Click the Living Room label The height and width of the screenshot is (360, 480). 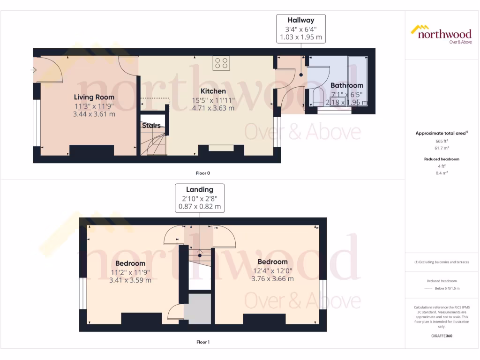[94, 97]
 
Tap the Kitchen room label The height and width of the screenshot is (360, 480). [213, 91]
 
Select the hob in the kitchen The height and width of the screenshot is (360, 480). [221, 63]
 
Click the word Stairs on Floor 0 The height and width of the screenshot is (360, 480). [151, 126]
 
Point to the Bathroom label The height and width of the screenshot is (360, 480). [347, 85]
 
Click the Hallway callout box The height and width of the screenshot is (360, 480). [301, 29]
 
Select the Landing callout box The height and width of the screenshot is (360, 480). [200, 198]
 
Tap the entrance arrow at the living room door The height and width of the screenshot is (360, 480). [34, 70]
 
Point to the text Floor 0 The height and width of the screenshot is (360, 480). [202, 173]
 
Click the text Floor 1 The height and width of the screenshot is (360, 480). [202, 342]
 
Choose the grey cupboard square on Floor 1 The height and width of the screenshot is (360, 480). [197, 309]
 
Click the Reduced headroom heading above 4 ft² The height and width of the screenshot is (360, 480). [442, 159]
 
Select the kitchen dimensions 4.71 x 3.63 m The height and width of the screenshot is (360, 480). [213, 108]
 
